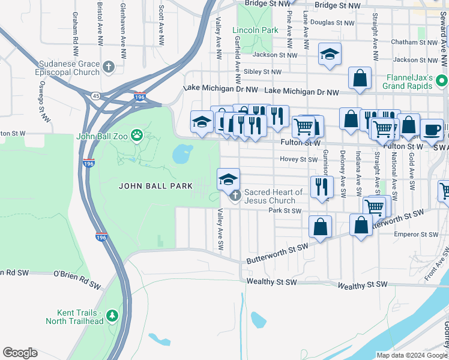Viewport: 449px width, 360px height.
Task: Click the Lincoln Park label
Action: click(x=255, y=29)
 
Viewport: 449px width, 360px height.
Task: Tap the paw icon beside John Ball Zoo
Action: click(x=137, y=136)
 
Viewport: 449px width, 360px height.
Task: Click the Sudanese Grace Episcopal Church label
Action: click(x=67, y=68)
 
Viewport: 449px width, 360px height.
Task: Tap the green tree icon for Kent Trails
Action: click(x=112, y=315)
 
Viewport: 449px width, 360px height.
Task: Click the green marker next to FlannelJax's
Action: click(x=441, y=80)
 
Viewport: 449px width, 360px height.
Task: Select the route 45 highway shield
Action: click(x=95, y=95)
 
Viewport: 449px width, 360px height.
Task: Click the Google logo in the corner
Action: click(x=20, y=352)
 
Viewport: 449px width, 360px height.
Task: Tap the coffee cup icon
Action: click(x=431, y=130)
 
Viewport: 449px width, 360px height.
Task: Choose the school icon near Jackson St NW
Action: click(x=329, y=55)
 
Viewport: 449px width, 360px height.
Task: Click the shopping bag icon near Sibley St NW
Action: click(x=360, y=78)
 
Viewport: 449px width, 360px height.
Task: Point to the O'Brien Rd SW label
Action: click(x=77, y=274)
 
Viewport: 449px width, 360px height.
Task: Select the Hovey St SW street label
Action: click(x=298, y=160)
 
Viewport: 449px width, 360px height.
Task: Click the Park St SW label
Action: click(x=285, y=211)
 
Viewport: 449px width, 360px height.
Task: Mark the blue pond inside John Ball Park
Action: click(x=182, y=154)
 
